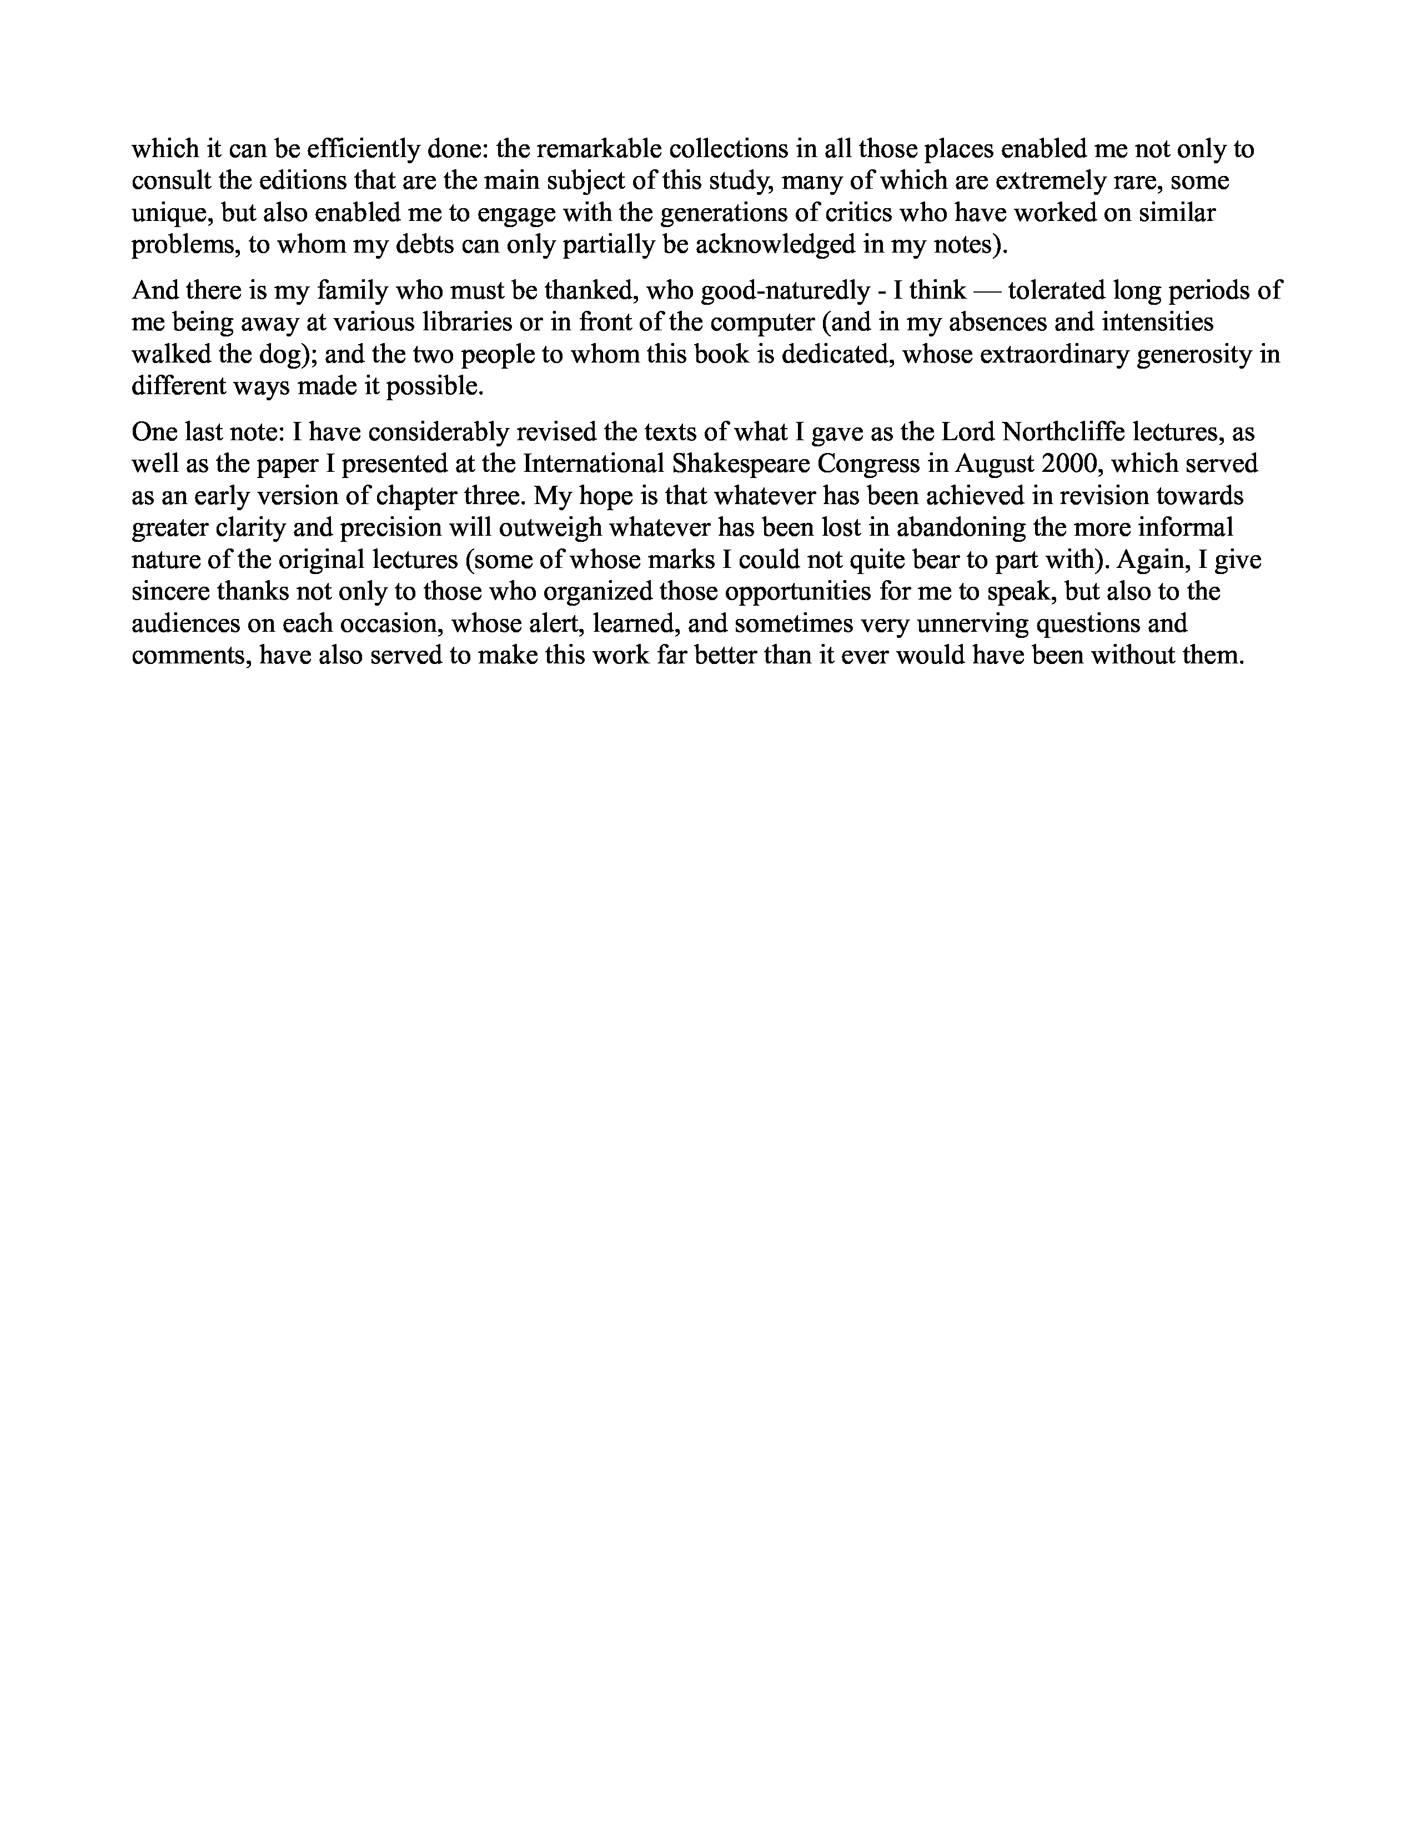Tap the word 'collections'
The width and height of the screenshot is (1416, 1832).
pos(741,149)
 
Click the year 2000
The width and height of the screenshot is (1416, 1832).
pos(1069,465)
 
